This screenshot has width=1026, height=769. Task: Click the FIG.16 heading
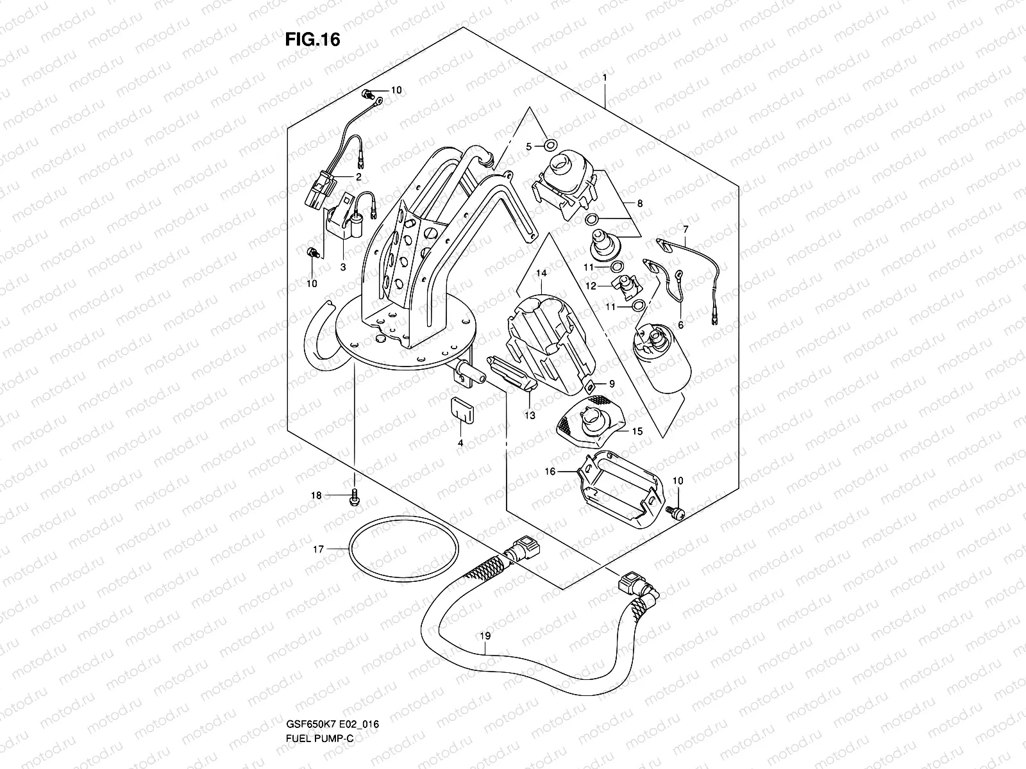(312, 40)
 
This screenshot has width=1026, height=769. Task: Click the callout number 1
(604, 78)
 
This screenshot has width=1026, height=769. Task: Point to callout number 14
(541, 273)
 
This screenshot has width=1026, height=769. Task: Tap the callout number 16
(550, 471)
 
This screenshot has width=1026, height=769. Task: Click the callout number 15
(637, 431)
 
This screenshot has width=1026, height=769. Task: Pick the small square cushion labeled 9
(589, 384)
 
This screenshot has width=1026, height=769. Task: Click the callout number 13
(529, 415)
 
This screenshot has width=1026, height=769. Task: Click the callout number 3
(343, 267)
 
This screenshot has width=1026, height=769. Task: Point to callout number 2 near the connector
(359, 176)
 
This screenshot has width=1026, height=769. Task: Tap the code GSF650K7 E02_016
(332, 741)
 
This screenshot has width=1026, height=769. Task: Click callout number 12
(591, 285)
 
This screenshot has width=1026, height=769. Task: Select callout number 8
(640, 203)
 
